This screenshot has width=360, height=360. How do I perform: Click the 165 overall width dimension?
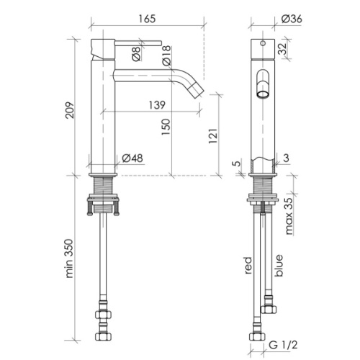click(147, 19)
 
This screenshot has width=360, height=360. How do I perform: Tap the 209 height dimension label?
click(70, 110)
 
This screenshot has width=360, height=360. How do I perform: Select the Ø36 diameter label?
click(292, 19)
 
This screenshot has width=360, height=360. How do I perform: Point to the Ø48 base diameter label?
click(132, 158)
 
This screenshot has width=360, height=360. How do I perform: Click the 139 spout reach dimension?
click(157, 105)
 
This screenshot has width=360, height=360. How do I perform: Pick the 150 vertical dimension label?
click(166, 127)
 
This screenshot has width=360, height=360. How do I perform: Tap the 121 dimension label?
click(213, 136)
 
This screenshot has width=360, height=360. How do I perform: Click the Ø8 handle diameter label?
click(136, 53)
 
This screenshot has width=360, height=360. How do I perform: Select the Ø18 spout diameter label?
click(166, 55)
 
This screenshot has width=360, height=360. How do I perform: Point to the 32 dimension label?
click(282, 49)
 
